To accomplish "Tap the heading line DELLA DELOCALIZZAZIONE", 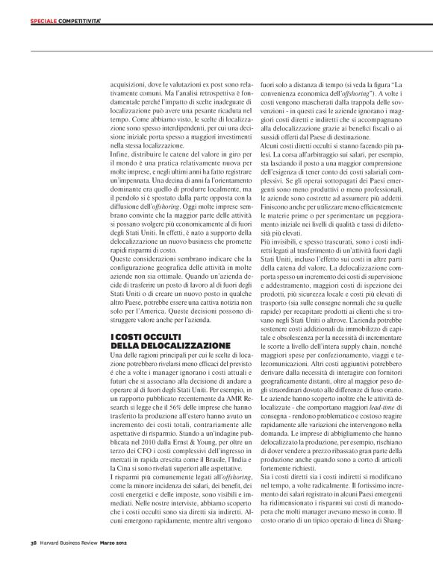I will (x=160, y=347).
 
